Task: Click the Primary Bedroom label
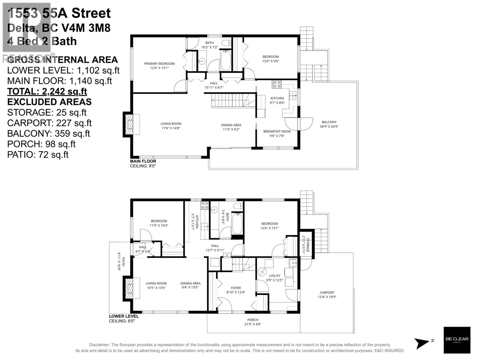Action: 159,64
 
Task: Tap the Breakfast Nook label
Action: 277,131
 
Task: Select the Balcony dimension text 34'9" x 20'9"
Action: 329,126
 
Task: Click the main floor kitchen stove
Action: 276,84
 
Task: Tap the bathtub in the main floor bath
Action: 226,60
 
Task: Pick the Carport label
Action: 327,292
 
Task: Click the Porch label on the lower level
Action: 253,320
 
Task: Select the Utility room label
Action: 274,276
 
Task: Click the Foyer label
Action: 236,288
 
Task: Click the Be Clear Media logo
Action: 457,340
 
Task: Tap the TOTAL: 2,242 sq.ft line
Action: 47,91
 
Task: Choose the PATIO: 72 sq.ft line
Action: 38,154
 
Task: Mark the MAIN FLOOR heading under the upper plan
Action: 143,161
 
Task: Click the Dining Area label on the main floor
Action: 231,125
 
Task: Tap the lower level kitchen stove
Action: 205,205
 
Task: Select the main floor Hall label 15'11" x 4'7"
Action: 214,83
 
